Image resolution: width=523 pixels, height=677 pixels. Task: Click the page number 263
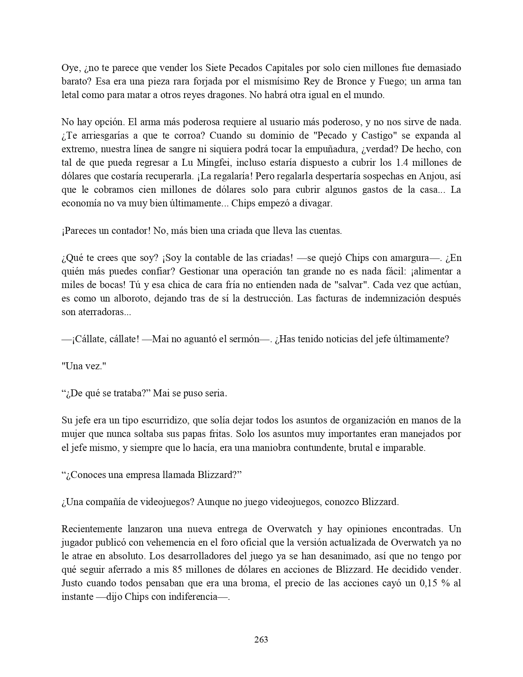[x=261, y=639]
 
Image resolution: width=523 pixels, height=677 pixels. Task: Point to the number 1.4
[x=404, y=162]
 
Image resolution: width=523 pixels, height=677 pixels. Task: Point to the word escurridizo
[x=161, y=421]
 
